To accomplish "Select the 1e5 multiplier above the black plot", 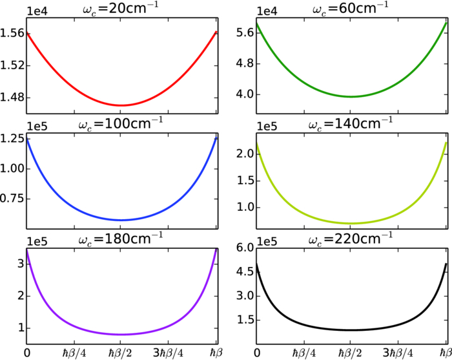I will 266,243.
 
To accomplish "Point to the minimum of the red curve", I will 121,105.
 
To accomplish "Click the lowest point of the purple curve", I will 121,334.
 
